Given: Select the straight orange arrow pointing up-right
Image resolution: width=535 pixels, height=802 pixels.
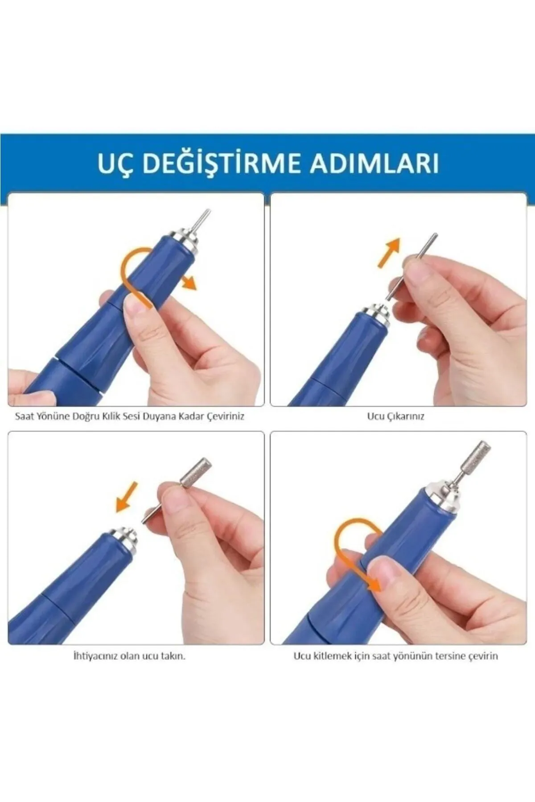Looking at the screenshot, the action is pos(389,253).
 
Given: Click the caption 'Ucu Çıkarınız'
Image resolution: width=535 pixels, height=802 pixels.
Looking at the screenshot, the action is pos(395,417).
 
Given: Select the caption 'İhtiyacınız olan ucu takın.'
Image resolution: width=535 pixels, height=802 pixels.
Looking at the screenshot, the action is pos(129,656).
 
